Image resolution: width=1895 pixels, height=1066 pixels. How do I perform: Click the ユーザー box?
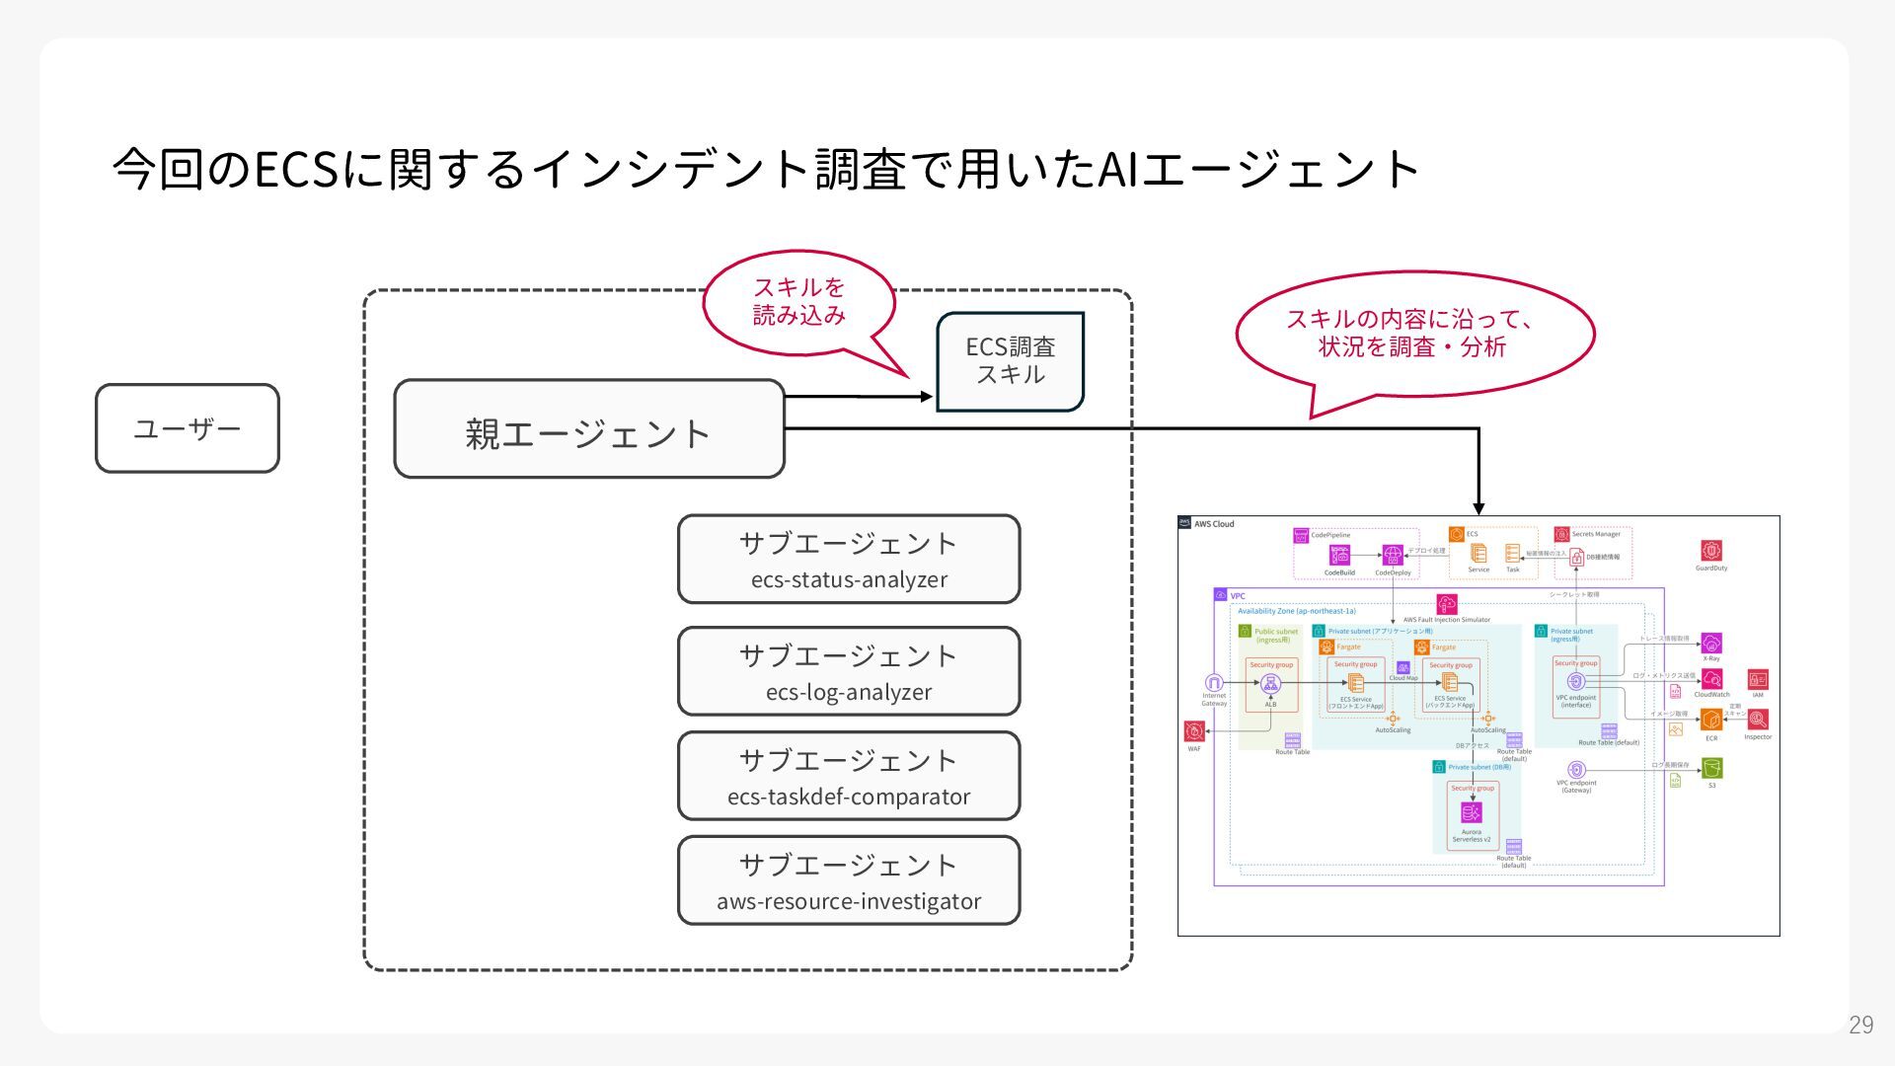click(188, 428)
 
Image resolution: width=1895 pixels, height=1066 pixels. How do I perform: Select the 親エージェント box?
click(588, 429)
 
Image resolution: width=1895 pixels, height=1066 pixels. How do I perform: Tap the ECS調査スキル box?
click(1010, 360)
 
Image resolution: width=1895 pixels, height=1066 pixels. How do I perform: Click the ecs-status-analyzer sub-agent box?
click(849, 559)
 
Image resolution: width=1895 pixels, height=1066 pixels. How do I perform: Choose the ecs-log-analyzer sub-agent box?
click(849, 671)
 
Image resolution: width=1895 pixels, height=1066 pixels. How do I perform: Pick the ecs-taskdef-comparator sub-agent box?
click(849, 776)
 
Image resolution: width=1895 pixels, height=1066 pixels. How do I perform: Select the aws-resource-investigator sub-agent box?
click(849, 880)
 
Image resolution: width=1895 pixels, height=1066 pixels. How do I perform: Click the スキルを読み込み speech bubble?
click(799, 302)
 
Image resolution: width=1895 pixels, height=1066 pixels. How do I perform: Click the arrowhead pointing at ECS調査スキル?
click(927, 397)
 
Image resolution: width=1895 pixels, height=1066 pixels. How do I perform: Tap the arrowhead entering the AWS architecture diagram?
click(1478, 507)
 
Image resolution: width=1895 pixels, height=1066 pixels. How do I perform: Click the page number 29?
click(1860, 1025)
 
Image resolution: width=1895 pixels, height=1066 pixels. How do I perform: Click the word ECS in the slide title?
click(297, 169)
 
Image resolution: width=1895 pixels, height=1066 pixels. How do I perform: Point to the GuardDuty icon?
click(1711, 551)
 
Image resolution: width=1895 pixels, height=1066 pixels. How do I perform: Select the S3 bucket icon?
click(1711, 768)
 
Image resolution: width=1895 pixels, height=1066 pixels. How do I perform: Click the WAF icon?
click(1194, 731)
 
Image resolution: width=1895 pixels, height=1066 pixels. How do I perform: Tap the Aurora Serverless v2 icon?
click(1472, 812)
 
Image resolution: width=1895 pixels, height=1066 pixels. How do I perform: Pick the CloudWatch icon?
click(1711, 679)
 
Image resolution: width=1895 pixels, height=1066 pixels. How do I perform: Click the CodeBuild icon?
click(1339, 556)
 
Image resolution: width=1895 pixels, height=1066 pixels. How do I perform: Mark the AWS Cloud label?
click(1214, 524)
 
